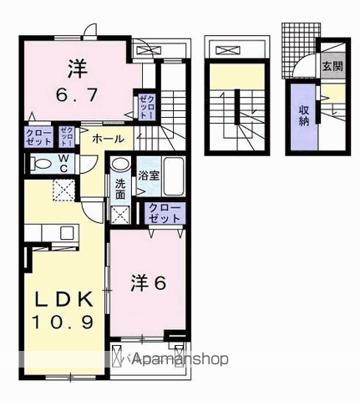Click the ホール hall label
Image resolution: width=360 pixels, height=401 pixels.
[x=108, y=139]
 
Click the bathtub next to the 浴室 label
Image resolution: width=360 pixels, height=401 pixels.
[x=173, y=175]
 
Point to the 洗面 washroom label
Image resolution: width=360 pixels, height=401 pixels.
[x=120, y=188]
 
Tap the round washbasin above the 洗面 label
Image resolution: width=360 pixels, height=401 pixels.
[x=121, y=165]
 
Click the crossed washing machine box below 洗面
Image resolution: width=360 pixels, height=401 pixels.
[x=120, y=214]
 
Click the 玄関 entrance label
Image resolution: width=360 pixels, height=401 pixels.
[x=332, y=65]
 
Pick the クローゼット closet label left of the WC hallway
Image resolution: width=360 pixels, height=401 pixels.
[x=38, y=136]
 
